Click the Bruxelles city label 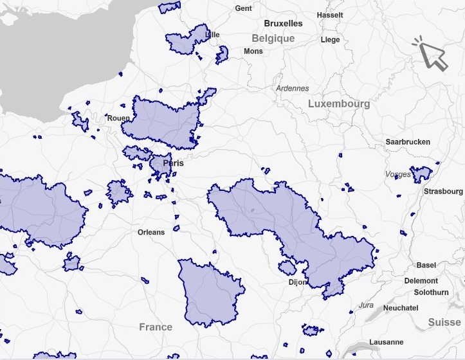click(x=283, y=23)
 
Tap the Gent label click(x=244, y=8)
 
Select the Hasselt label click(x=330, y=15)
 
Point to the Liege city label click(x=330, y=39)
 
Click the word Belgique click(x=273, y=38)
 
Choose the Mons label click(x=253, y=51)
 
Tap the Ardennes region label click(x=292, y=88)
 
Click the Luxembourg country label click(x=339, y=104)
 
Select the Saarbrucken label click(x=408, y=141)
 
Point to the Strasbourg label click(x=443, y=191)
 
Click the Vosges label click(x=397, y=174)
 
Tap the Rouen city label click(x=118, y=118)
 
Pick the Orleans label click(x=151, y=232)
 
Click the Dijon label click(x=298, y=282)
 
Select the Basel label click(x=426, y=265)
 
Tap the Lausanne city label click(x=387, y=342)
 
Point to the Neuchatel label click(x=401, y=308)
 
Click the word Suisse click(x=444, y=322)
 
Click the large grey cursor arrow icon click(x=432, y=55)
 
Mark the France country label click(x=156, y=327)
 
